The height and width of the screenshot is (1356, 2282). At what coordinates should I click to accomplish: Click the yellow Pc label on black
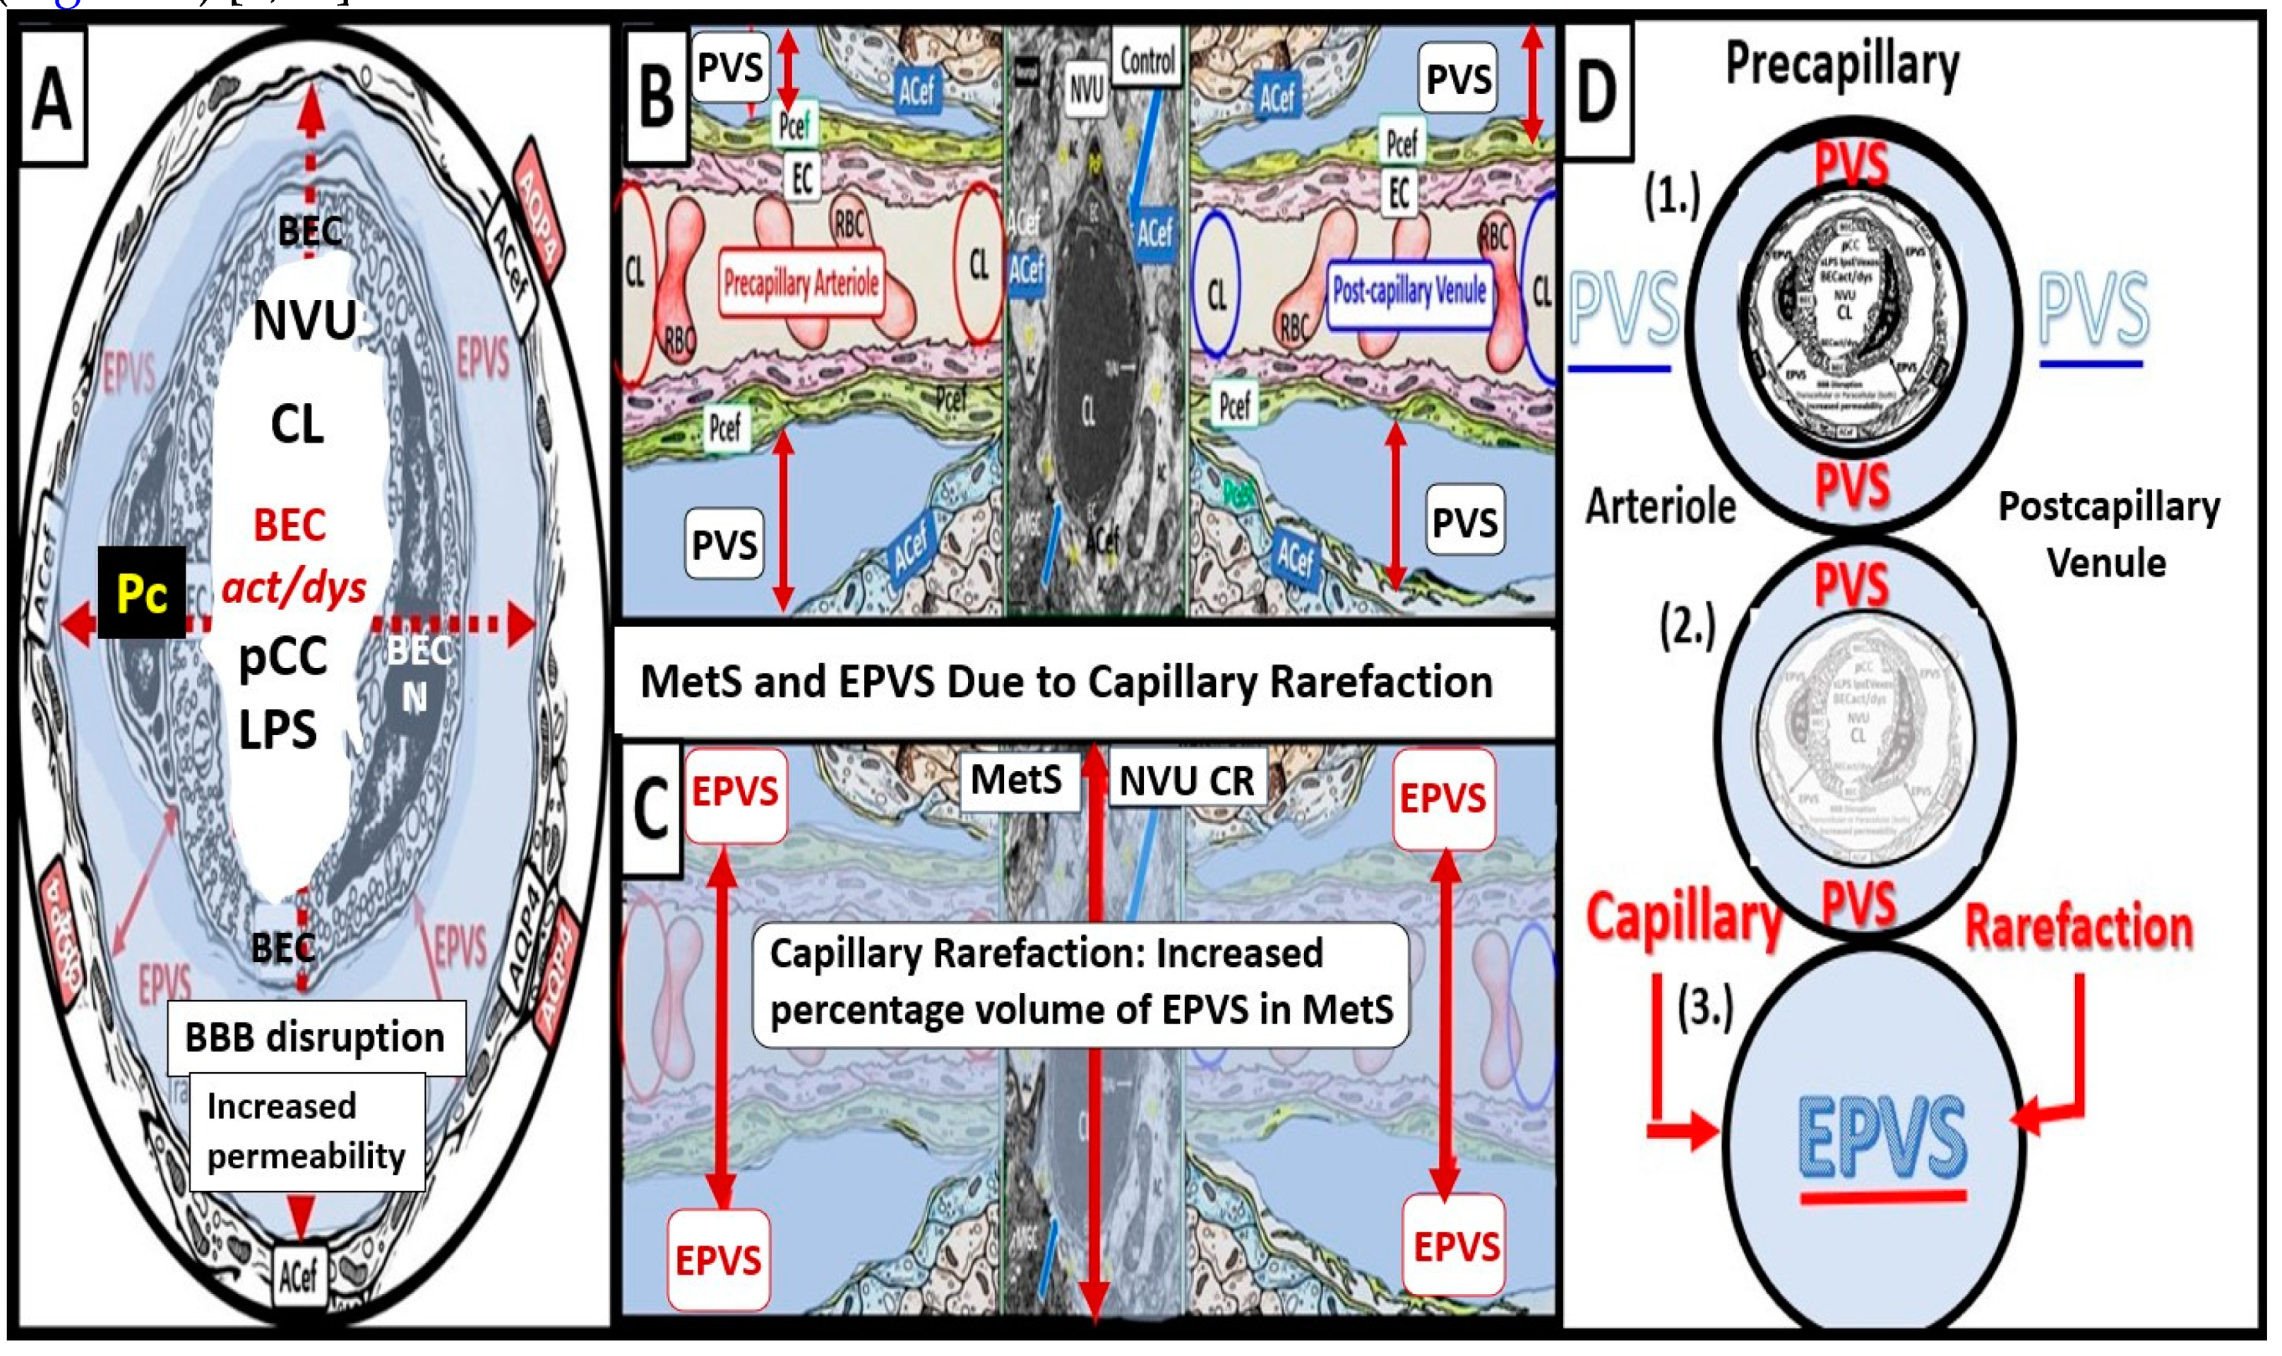pyautogui.click(x=142, y=595)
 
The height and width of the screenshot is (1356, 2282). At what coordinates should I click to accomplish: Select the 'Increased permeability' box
pyautogui.click(x=306, y=1131)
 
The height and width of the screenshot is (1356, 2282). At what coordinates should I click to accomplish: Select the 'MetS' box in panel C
pyautogui.click(x=1016, y=780)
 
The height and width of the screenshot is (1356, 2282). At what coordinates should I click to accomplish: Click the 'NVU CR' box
pyautogui.click(x=1187, y=782)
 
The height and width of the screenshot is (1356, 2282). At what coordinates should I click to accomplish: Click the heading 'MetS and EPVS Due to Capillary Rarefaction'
pyautogui.click(x=1066, y=682)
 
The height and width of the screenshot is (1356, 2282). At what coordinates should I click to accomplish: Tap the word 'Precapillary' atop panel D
pyautogui.click(x=1841, y=66)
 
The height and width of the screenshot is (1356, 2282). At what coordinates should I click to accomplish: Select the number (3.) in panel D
pyautogui.click(x=1704, y=1010)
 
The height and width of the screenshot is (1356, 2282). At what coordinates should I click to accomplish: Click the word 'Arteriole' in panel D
pyautogui.click(x=1660, y=506)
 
